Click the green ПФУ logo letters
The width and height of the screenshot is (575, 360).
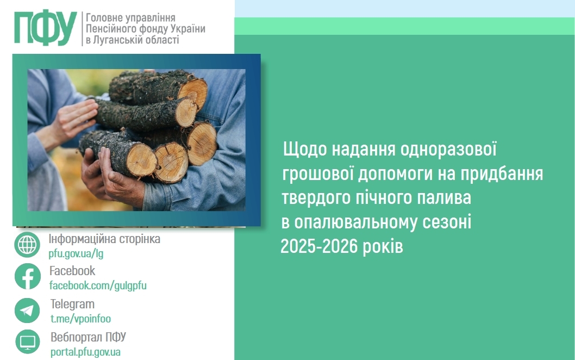[x=46, y=28]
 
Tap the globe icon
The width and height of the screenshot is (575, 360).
[x=27, y=244]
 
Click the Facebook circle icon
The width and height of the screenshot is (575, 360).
[x=28, y=276]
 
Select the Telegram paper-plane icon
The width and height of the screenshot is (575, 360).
[x=27, y=311]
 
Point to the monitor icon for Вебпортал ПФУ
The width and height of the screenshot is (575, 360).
[x=28, y=342]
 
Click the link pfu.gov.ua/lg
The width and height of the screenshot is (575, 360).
[x=76, y=253]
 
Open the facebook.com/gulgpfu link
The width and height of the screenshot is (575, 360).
[x=98, y=285]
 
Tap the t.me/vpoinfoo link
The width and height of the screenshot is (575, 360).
[x=80, y=319]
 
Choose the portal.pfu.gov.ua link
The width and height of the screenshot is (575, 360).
[x=85, y=352]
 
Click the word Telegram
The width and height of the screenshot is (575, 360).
[x=72, y=304]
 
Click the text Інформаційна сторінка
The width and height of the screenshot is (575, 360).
[x=104, y=239]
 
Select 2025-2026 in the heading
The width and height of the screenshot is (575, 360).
[x=318, y=246]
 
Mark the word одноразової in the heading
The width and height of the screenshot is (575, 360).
[x=448, y=150]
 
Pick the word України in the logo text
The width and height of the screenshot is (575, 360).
[x=186, y=28]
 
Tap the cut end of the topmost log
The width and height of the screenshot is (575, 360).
[x=193, y=93]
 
